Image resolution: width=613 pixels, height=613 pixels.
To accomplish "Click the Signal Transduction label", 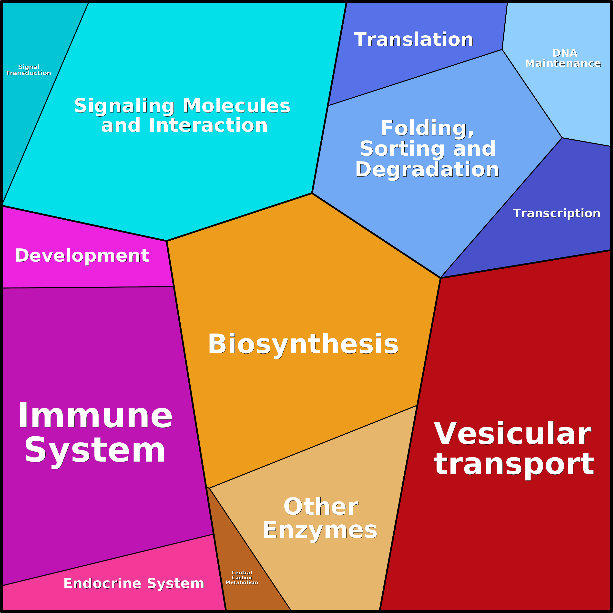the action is pos(29,70).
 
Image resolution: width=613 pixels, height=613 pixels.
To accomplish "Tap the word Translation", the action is pos(413,40).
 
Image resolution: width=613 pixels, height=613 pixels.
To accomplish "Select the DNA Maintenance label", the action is pos(563,58).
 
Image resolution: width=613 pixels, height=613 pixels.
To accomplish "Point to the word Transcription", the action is pos(557,214).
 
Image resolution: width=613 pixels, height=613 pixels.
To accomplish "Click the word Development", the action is pos(82,256).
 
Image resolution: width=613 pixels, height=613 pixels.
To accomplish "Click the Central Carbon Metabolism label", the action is pos(242,577).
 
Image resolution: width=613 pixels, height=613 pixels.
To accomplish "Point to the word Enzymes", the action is pos(320,531).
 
